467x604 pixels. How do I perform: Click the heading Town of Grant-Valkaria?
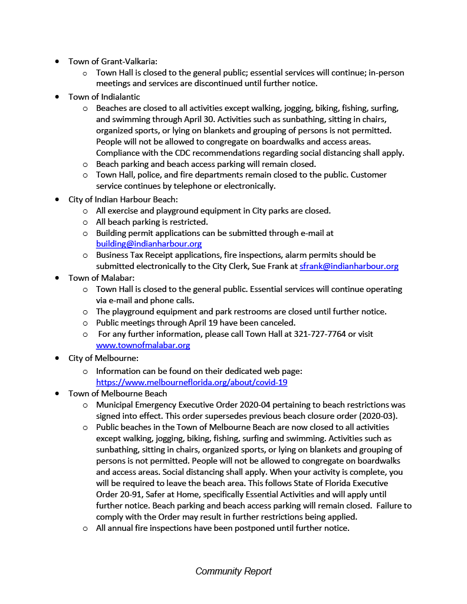click(113, 61)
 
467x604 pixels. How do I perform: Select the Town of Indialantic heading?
click(104, 97)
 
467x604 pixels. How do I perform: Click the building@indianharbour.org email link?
click(149, 244)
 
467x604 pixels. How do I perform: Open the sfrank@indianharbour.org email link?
click(348, 266)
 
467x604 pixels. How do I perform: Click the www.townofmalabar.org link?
click(143, 345)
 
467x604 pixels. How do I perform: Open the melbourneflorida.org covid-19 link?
click(192, 382)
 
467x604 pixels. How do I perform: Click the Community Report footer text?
click(233, 571)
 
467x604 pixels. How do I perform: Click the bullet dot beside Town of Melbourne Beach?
click(57, 393)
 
